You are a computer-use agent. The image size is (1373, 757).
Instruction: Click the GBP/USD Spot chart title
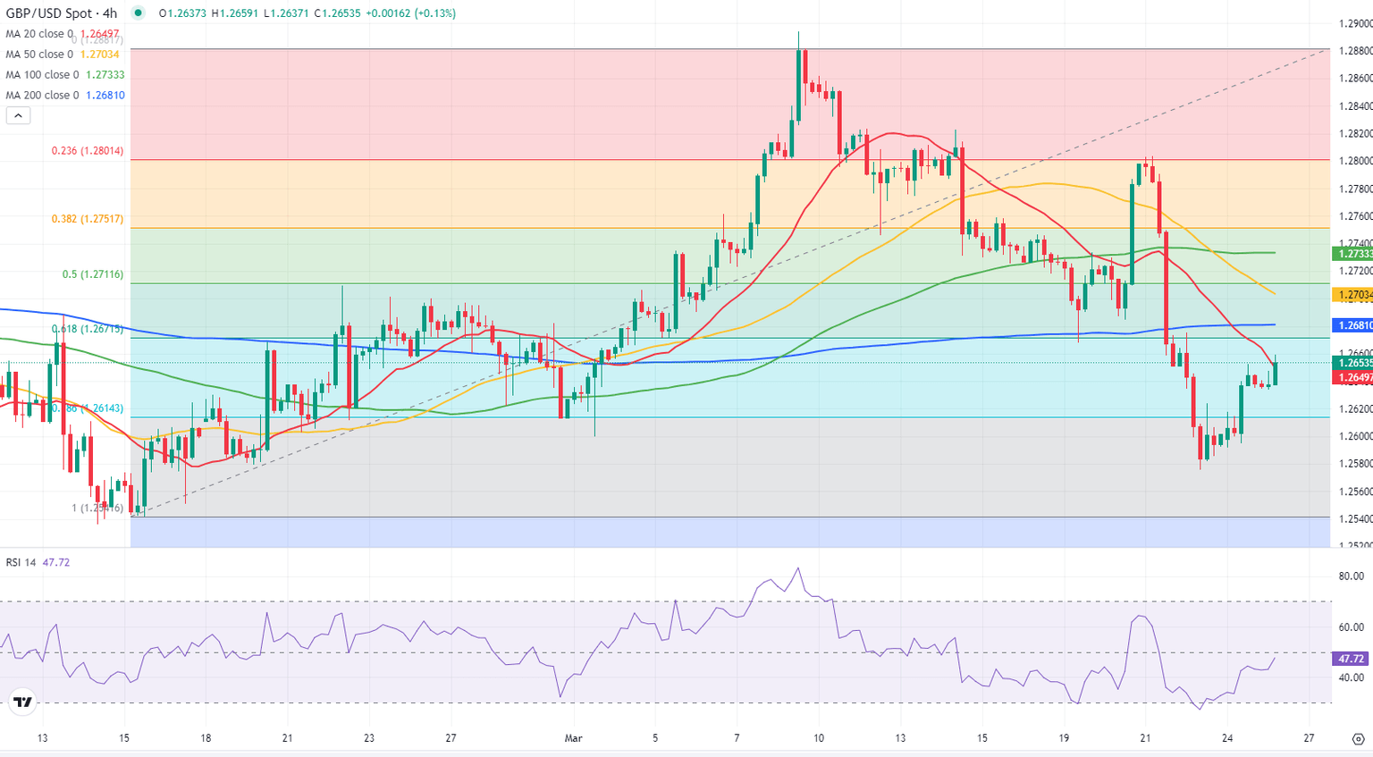point(61,13)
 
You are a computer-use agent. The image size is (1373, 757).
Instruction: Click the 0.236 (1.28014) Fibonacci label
point(87,151)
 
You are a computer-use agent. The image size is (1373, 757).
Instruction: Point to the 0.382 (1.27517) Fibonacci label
point(87,219)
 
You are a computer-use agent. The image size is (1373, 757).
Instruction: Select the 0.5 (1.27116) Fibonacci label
point(92,274)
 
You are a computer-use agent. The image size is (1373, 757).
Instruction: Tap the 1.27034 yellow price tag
point(1353,294)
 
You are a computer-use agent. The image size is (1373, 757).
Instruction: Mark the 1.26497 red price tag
point(1353,378)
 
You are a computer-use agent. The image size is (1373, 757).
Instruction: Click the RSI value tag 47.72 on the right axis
point(1351,659)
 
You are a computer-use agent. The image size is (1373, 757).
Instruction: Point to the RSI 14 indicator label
point(21,562)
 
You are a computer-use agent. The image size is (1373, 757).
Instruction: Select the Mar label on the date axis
point(574,738)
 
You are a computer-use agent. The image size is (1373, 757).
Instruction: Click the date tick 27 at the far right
point(1309,738)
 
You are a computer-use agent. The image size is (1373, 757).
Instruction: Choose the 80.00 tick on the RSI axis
point(1351,576)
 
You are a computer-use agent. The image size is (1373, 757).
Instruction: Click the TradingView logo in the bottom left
point(23,702)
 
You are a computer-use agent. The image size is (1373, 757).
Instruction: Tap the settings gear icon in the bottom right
point(1358,739)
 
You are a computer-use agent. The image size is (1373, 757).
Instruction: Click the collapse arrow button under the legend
point(18,115)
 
